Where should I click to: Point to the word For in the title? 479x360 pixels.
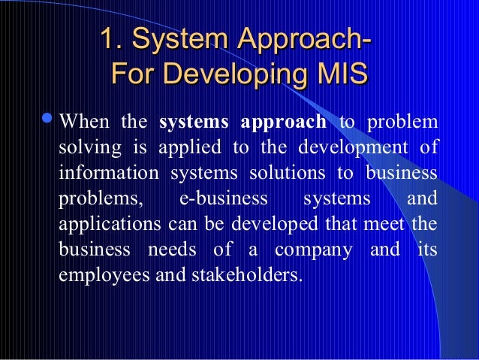(x=131, y=76)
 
